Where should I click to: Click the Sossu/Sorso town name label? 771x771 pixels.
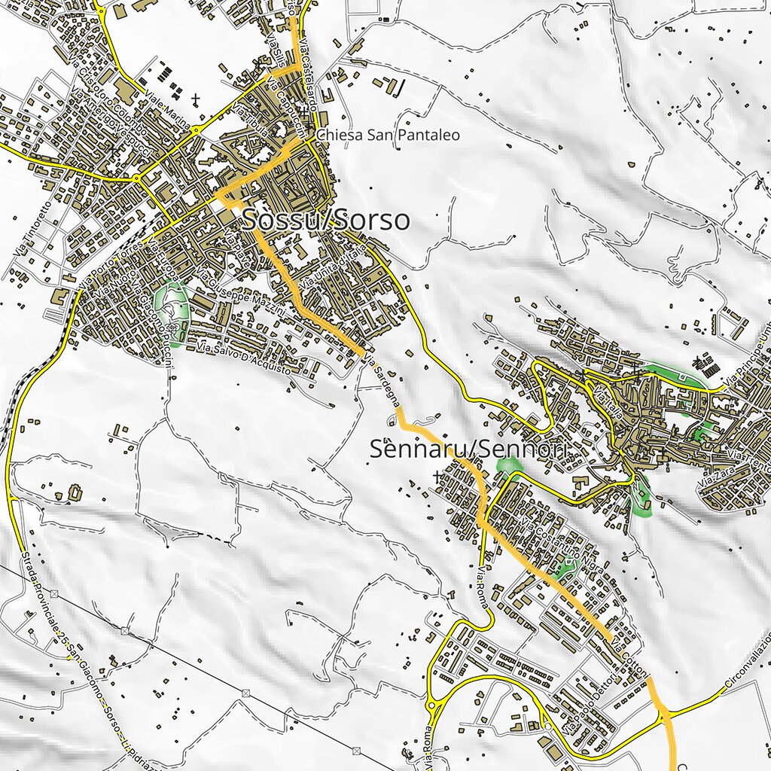click(x=325, y=220)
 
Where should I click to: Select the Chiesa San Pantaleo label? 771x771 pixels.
click(x=388, y=135)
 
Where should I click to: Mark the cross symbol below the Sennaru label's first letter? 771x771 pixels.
click(x=437, y=476)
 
